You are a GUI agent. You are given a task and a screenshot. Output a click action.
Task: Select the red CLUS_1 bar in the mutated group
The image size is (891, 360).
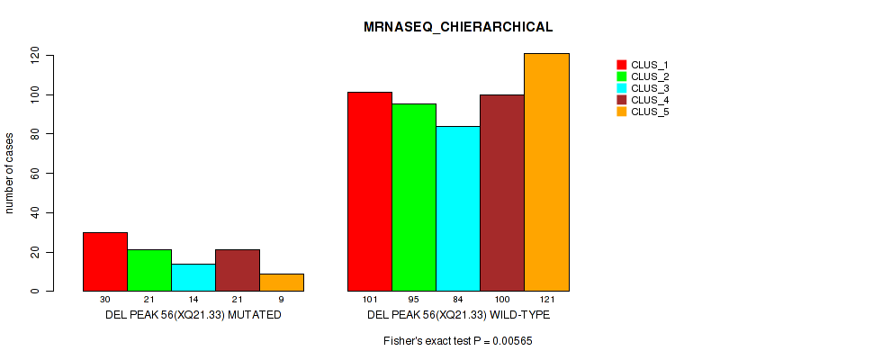(105, 262)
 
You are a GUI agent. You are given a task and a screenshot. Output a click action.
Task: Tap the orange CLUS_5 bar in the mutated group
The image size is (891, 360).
(282, 283)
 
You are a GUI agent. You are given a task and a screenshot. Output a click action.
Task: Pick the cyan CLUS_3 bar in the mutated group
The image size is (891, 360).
(193, 277)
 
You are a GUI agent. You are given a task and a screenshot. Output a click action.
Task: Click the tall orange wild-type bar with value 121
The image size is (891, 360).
(546, 172)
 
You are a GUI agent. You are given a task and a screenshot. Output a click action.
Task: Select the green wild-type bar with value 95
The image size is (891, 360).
(414, 197)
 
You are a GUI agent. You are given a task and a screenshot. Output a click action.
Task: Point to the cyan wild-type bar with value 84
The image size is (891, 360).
(458, 209)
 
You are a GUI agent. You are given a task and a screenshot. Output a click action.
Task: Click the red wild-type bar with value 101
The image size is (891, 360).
(370, 192)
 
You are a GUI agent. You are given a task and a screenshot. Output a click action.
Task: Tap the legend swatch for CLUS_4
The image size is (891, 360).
(621, 100)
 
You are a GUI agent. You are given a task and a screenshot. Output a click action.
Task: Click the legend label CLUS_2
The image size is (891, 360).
(650, 76)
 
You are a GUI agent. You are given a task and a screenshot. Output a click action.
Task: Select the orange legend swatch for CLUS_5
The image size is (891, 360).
(621, 112)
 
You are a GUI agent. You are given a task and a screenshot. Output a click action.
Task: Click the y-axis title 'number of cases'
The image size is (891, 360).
(11, 174)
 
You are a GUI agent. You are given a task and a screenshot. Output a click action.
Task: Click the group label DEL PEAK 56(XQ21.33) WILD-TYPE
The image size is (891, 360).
(458, 316)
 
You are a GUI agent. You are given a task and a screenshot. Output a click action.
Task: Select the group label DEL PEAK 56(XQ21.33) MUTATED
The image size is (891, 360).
(193, 316)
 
